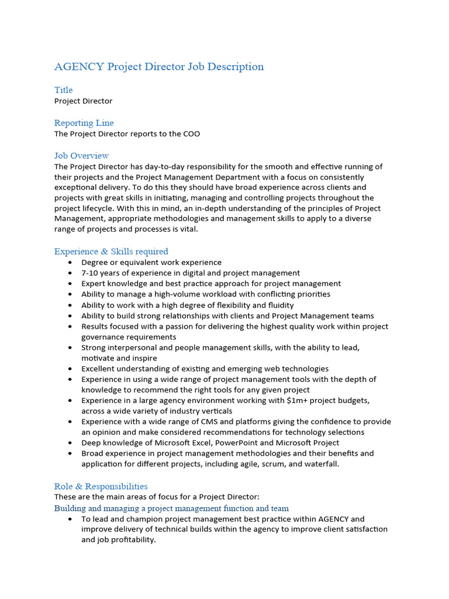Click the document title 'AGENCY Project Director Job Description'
pyautogui.click(x=159, y=67)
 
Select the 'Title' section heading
pyautogui.click(x=64, y=90)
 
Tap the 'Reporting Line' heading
pyautogui.click(x=84, y=123)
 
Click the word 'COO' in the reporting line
pyautogui.click(x=191, y=134)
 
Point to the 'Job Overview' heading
pyautogui.click(x=82, y=156)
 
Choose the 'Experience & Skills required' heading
pyautogui.click(x=111, y=252)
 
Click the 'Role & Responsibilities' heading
pyautogui.click(x=101, y=487)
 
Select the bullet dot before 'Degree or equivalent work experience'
pyautogui.click(x=70, y=263)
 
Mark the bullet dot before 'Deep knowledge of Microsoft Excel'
pyautogui.click(x=70, y=443)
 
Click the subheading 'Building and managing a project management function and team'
pyautogui.click(x=171, y=508)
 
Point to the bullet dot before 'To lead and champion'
pyautogui.click(x=70, y=519)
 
